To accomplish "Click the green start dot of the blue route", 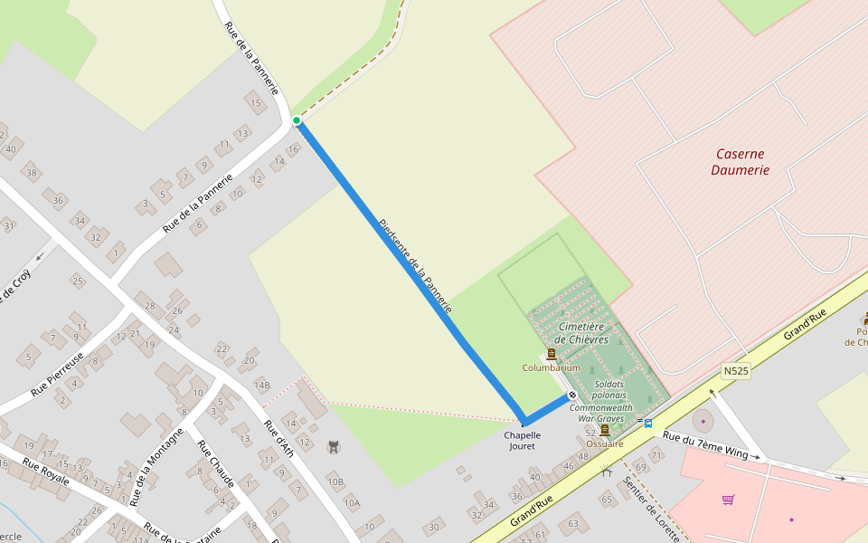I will pos(297,120).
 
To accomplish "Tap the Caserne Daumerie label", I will pos(740,162).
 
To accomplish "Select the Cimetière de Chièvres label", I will pos(581,332).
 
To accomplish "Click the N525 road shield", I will pos(736,371).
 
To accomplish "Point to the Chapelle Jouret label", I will pos(522,440).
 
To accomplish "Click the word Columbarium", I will pos(552,367).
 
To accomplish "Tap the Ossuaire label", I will pos(605,443).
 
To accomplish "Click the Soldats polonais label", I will pos(609,389).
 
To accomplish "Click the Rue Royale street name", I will pos(45,473).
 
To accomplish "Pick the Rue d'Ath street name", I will pos(278,438).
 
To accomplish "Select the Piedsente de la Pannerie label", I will pos(415,266).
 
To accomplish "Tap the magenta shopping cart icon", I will pos(728,500).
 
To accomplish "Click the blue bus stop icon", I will pos(647,423).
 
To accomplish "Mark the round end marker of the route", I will pos(571,395).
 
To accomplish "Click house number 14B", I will pos(262,385).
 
